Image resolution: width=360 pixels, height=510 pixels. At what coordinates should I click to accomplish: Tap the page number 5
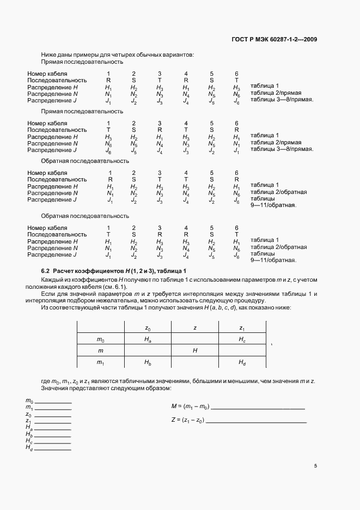[x=315, y=466]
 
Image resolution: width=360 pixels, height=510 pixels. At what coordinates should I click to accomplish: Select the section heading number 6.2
[x=45, y=271]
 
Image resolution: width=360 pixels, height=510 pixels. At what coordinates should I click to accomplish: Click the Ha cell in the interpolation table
[x=148, y=339]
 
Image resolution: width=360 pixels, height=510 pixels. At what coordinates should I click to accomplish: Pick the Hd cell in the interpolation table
[x=242, y=362]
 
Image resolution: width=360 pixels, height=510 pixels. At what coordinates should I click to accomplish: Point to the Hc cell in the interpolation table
[x=242, y=339]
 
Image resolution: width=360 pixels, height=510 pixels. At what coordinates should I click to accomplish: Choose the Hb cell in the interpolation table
[x=148, y=362]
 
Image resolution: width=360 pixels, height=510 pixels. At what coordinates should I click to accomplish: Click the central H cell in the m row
[x=194, y=351]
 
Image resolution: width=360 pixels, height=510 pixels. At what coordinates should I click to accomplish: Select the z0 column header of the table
[x=148, y=328]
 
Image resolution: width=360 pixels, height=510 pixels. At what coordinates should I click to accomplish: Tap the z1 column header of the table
[x=242, y=328]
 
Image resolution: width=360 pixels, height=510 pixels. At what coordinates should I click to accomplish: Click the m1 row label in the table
[x=100, y=362]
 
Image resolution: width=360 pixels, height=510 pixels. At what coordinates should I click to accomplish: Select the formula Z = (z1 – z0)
[x=187, y=420]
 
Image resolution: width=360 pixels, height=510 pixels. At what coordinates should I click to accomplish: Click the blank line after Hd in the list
[x=53, y=449]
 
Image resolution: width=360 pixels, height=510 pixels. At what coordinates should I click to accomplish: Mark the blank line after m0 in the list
[x=53, y=403]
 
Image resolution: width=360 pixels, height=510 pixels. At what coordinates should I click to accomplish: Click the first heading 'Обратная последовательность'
[x=85, y=161]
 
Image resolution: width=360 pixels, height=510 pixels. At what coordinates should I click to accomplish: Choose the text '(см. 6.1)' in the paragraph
[x=114, y=287]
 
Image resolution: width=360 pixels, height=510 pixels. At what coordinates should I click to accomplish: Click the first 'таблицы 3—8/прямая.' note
[x=282, y=101]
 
